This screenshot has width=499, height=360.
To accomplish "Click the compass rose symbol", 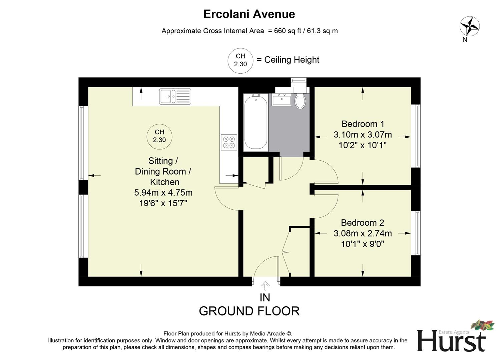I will [469, 26].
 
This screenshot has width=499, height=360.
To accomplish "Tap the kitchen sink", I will [175, 96].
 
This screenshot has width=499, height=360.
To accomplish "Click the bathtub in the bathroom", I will [256, 121].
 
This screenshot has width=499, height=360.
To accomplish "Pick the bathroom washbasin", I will [282, 99].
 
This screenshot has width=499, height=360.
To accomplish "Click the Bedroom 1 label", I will [363, 124].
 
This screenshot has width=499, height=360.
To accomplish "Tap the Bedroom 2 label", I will [363, 223].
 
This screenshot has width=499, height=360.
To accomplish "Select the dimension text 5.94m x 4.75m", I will [163, 193].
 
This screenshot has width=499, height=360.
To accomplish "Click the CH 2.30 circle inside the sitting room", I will [159, 136].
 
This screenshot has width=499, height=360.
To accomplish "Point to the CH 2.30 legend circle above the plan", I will [240, 60].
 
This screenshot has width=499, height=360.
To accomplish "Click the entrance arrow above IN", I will [265, 286].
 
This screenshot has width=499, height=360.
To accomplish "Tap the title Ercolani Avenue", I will [249, 14].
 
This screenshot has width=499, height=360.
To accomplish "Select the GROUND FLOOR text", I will [249, 311].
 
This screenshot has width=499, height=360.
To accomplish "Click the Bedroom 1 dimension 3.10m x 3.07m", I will [363, 135].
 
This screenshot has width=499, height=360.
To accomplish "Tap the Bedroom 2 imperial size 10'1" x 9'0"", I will [363, 244].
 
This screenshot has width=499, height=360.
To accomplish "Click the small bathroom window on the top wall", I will [298, 80].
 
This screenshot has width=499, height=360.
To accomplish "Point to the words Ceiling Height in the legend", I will [292, 60].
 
